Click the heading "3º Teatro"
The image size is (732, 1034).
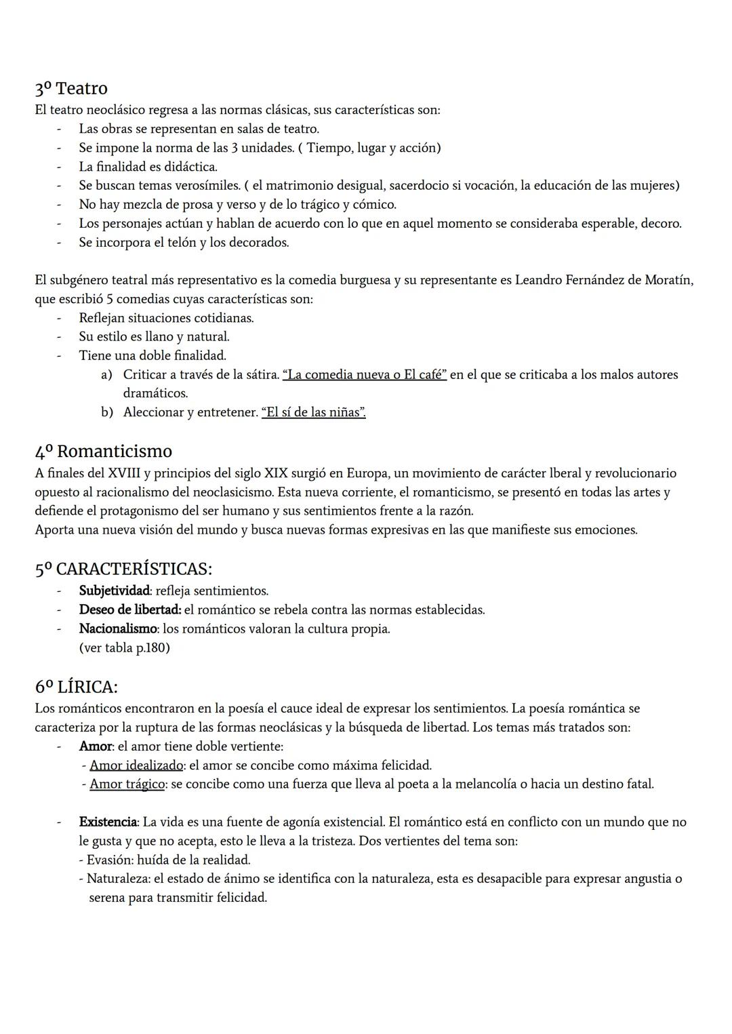[x=71, y=88]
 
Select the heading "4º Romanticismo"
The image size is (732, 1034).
[x=104, y=451]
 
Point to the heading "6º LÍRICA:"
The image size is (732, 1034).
[x=76, y=686]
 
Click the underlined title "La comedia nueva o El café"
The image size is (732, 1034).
[x=364, y=374]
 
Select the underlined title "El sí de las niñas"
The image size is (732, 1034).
[x=313, y=412]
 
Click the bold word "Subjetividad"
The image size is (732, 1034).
[x=114, y=591]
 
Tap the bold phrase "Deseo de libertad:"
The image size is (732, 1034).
[x=129, y=610]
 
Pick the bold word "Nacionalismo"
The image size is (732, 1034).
[x=118, y=629]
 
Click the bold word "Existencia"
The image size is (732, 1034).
[x=108, y=822]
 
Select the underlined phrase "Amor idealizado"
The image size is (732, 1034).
[x=136, y=765]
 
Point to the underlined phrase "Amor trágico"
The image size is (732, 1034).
[x=127, y=784]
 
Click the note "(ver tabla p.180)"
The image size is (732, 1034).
[x=124, y=648]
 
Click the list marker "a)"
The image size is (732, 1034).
[x=106, y=374]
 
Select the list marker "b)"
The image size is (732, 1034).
[x=106, y=412]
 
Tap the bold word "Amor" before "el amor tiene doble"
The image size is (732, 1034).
[x=95, y=746]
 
